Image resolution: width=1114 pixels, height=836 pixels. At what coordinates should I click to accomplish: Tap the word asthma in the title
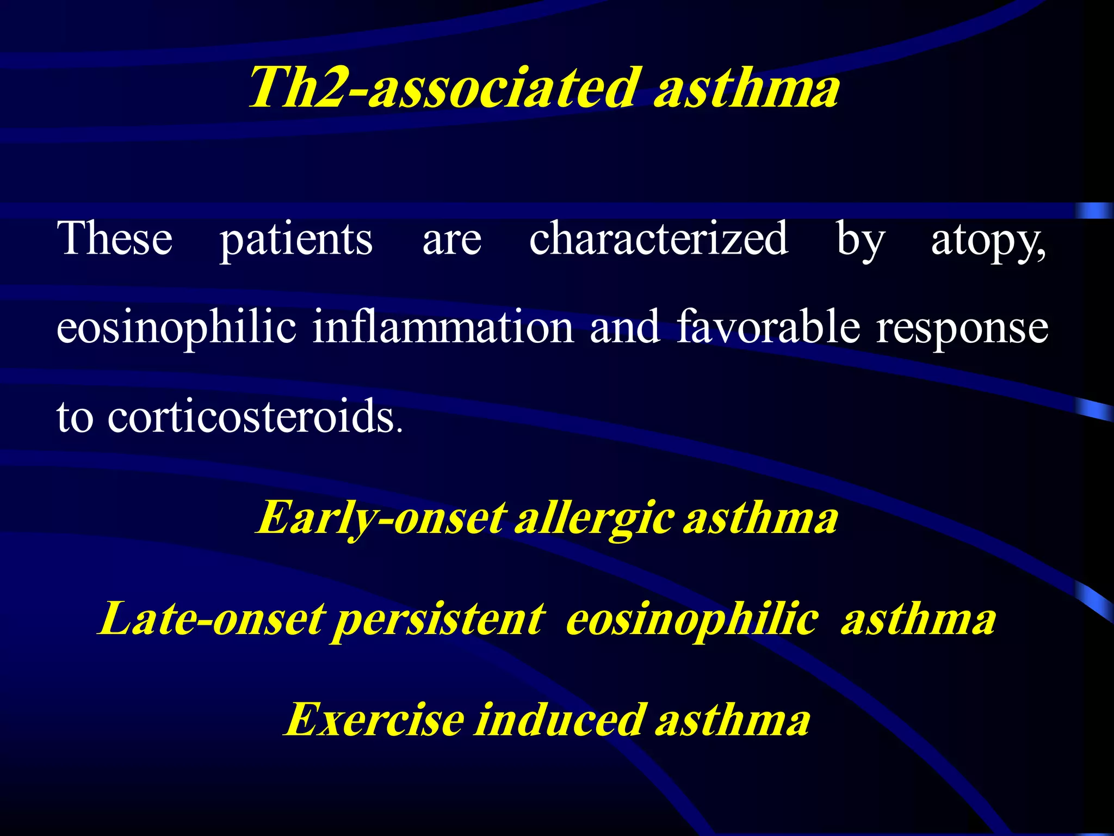coord(747,88)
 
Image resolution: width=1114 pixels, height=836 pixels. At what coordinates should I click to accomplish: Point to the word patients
coord(296,239)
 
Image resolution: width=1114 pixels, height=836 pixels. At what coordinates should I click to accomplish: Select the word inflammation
coord(443,327)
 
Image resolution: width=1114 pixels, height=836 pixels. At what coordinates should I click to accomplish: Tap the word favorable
coord(769,327)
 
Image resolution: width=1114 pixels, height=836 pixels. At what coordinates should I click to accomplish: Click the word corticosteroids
coord(251,417)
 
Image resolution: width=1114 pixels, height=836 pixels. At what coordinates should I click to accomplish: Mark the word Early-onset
coord(381,518)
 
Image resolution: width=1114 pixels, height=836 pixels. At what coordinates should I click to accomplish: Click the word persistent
coord(438,620)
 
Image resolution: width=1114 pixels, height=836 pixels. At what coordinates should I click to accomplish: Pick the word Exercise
coord(375,720)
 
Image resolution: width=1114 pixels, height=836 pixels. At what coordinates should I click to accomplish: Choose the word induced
coord(560,720)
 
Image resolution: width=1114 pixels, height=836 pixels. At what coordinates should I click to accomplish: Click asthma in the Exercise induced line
coord(733,720)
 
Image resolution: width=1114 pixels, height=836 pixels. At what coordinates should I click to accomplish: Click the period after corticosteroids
coord(400,432)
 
